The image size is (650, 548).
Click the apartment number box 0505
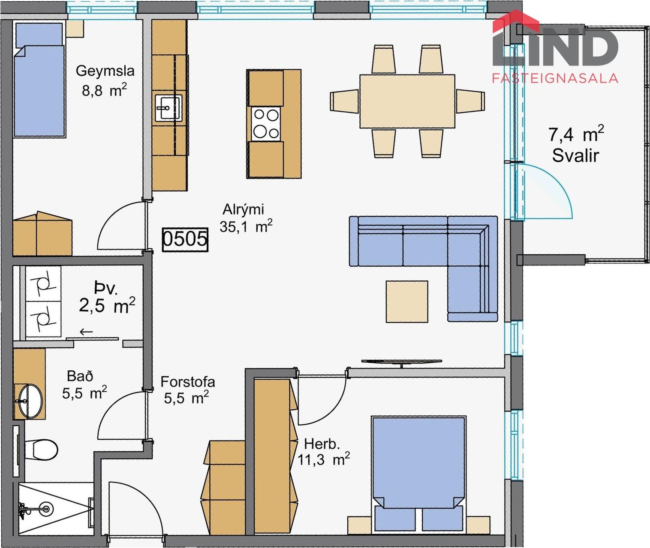185,240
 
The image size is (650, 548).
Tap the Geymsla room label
105,71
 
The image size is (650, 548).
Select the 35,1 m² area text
246,226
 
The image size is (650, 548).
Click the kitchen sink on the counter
168,108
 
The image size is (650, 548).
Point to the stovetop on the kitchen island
266,124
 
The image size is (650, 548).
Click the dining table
407,101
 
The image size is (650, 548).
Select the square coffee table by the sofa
407,301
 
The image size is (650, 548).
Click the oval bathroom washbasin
30,401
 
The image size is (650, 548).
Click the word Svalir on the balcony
575,156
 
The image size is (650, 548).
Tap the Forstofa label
188,382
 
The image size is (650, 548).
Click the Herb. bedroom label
322,444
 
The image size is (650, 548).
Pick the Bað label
80,377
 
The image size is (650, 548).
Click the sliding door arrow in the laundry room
86,332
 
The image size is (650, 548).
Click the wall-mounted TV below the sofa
402,362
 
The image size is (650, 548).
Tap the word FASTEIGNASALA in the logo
555,78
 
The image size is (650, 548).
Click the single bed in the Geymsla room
39,80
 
